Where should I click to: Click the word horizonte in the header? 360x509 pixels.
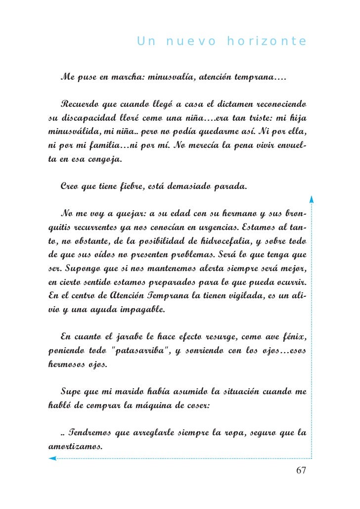[267, 42]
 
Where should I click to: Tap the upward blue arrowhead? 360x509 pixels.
[311, 199]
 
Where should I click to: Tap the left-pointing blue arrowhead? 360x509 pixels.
[52, 459]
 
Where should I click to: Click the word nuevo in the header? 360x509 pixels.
[191, 42]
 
